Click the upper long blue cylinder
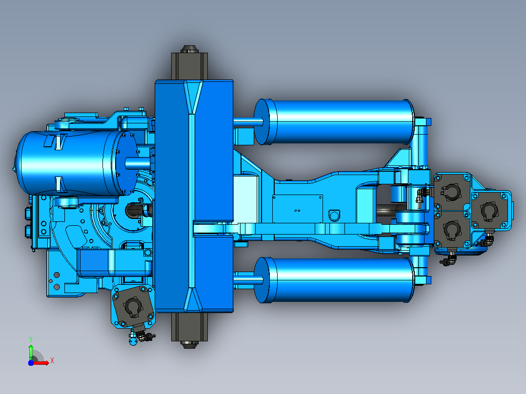334,122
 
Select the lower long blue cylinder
334,280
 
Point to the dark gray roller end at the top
189,63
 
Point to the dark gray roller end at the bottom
189,330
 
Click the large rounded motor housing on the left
77,163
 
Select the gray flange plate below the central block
133,305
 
